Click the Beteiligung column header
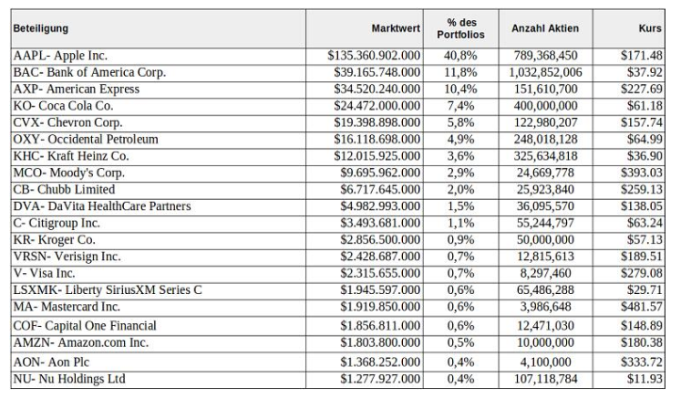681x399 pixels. point(41,28)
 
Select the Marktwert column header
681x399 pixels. point(396,28)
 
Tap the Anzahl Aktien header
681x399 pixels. point(545,28)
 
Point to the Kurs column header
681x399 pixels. point(650,28)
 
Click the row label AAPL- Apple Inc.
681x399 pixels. point(60,56)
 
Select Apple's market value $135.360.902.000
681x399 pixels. point(374,56)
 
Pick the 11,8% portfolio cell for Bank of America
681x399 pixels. point(460,72)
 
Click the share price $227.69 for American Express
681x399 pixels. point(642,89)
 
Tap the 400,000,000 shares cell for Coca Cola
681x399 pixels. point(545,106)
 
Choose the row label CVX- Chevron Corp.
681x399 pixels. point(67,122)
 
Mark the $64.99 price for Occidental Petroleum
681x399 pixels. point(645,139)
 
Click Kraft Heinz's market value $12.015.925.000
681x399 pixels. point(377,156)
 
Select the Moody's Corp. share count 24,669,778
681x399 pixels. point(545,173)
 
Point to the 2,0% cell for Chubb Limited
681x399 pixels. point(460,190)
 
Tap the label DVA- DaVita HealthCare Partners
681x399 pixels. point(102,206)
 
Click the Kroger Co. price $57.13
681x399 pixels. point(645,240)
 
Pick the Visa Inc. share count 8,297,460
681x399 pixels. point(545,273)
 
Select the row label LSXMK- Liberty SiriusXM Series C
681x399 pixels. point(108,290)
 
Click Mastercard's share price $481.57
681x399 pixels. point(642,307)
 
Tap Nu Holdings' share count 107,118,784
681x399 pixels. point(545,379)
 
